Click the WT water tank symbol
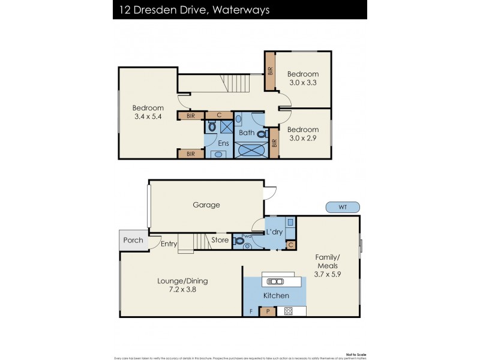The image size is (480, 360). click(x=343, y=207)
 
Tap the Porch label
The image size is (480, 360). click(x=133, y=240)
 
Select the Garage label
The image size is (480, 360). click(x=206, y=205)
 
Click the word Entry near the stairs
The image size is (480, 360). click(x=169, y=244)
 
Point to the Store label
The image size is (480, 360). click(x=220, y=241)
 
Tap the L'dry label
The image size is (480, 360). click(x=275, y=232)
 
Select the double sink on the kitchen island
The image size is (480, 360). click(x=275, y=281)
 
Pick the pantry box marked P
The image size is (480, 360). click(x=267, y=311)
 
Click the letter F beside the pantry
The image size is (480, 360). click(x=251, y=311)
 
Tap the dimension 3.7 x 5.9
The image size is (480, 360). click(x=328, y=274)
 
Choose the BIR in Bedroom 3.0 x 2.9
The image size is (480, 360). click(x=274, y=143)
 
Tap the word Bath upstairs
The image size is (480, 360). click(x=247, y=133)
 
